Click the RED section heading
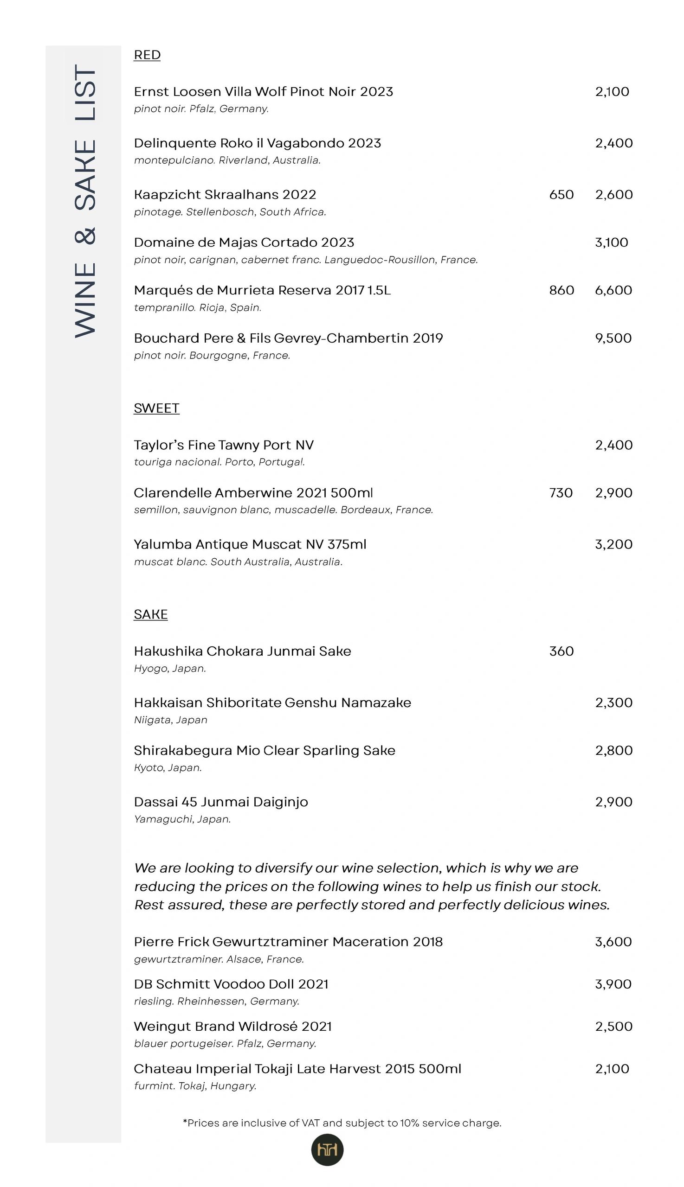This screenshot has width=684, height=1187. pyautogui.click(x=147, y=55)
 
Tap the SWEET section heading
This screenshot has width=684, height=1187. pyautogui.click(x=156, y=408)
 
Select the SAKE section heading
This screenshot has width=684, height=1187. pyautogui.click(x=150, y=614)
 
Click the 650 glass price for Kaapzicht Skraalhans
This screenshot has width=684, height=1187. pyautogui.click(x=561, y=195)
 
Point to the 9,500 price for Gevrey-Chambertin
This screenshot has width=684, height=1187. pyautogui.click(x=613, y=338)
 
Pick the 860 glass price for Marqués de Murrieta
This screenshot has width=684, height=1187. pyautogui.click(x=561, y=291)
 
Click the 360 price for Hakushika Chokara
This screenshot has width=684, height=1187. pyautogui.click(x=561, y=651)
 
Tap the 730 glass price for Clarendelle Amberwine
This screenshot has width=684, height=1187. pyautogui.click(x=561, y=493)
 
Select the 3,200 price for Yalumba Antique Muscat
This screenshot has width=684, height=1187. pyautogui.click(x=613, y=544)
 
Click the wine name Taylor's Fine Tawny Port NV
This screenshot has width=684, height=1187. pyautogui.click(x=224, y=445)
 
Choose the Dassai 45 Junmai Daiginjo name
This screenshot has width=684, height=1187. pyautogui.click(x=221, y=802)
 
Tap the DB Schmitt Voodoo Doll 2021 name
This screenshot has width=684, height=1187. pyautogui.click(x=231, y=984)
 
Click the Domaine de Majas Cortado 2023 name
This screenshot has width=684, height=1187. pyautogui.click(x=244, y=243)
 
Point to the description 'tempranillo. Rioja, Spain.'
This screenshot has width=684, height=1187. pyautogui.click(x=197, y=308)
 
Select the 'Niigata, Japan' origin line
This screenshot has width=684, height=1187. pyautogui.click(x=170, y=720)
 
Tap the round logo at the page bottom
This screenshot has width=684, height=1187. pyautogui.click(x=328, y=1149)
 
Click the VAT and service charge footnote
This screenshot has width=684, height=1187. pyautogui.click(x=342, y=1123)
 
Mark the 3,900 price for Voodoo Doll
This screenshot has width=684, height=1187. pyautogui.click(x=613, y=984)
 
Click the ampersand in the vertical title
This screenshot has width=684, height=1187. pyautogui.click(x=85, y=236)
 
